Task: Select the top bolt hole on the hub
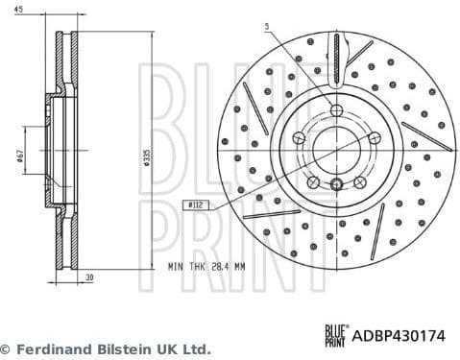point(336,110)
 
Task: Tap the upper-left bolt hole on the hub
point(299,138)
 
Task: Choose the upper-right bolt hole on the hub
point(374,138)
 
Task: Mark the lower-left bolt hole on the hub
point(313,182)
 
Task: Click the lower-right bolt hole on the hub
point(359,182)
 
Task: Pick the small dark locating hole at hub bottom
point(336,185)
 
